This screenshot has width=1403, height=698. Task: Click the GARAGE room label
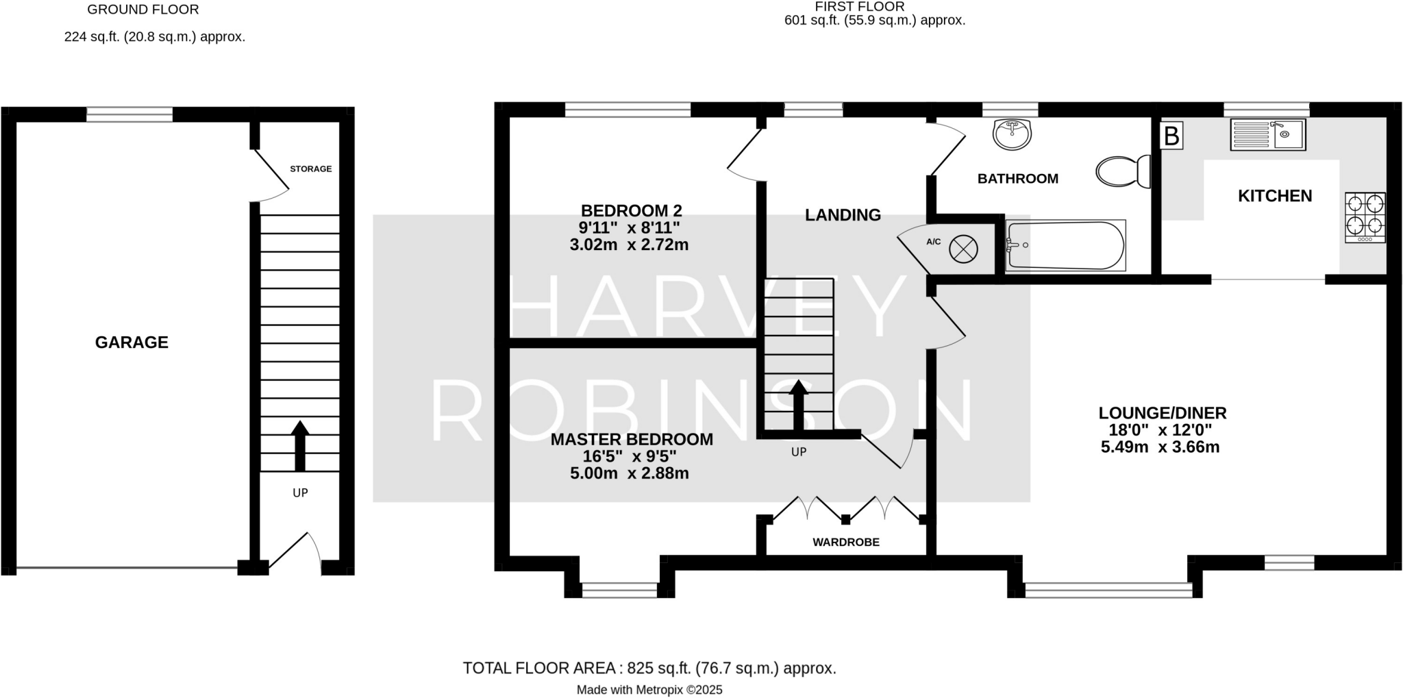click(132, 342)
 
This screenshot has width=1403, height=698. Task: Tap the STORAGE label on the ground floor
click(310, 169)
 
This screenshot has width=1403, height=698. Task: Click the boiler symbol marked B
click(1171, 136)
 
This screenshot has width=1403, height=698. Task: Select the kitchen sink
click(1267, 135)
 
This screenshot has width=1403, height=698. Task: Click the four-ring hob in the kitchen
click(1365, 217)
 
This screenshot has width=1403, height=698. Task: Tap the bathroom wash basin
click(1012, 135)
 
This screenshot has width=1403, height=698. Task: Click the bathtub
click(1065, 245)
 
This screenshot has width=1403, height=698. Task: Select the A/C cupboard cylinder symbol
click(963, 249)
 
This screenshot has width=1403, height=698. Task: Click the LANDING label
click(843, 215)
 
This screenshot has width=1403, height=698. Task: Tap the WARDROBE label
click(845, 542)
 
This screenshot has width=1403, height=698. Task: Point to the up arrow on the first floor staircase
click(798, 405)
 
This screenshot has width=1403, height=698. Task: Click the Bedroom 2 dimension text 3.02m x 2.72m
click(629, 245)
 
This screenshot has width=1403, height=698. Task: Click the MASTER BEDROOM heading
click(632, 439)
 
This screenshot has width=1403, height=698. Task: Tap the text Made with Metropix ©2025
click(649, 690)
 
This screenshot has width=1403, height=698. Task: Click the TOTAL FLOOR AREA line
click(649, 668)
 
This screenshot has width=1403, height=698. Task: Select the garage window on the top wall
click(129, 114)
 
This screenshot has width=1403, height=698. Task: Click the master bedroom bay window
click(619, 590)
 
